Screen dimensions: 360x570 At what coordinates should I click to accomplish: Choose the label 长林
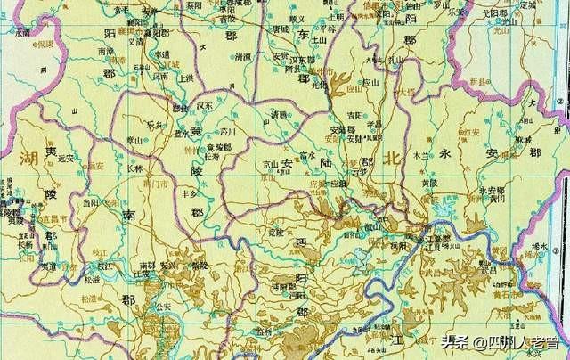(134, 168)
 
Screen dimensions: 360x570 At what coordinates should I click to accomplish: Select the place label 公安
(162, 305)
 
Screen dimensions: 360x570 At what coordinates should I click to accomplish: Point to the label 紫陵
(199, 265)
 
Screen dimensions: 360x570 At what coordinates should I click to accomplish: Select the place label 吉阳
(354, 115)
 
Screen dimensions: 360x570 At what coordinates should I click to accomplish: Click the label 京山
(270, 165)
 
